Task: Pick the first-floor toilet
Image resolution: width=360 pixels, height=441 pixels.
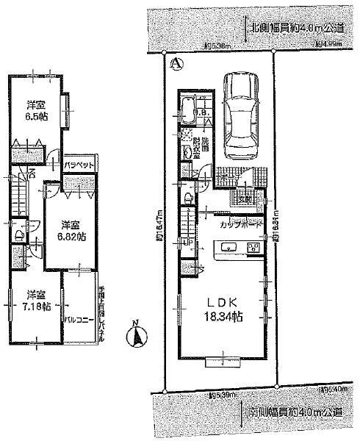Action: (x=190, y=197)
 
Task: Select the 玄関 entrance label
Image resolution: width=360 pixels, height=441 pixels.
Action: (x=245, y=198)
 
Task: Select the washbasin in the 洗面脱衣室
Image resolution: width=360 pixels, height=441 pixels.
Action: (x=188, y=151)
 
